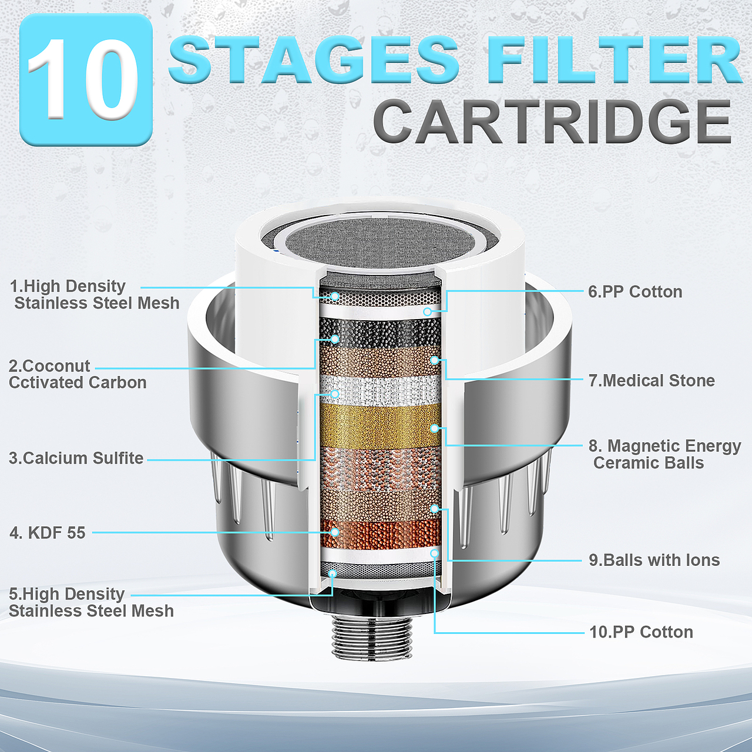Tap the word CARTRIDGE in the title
[x=553, y=122]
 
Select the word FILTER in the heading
[x=606, y=59]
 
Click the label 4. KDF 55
[x=47, y=533]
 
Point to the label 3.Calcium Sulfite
[x=76, y=458]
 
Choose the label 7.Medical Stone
[x=652, y=381]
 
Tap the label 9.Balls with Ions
[x=654, y=560]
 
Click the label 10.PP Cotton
[x=641, y=632]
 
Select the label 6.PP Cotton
[x=635, y=292]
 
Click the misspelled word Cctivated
[x=46, y=383]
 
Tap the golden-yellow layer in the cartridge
[x=380, y=426]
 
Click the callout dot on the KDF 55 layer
[x=334, y=532]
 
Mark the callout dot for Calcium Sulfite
[x=334, y=394]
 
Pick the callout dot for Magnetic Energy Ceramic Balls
[x=434, y=428]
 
